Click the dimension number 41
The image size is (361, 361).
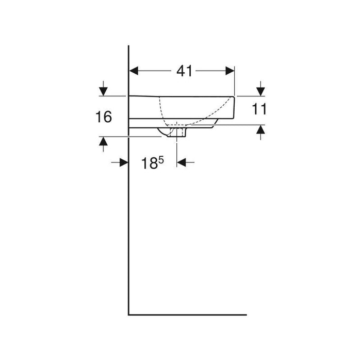(x=184, y=71)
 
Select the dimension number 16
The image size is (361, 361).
(x=104, y=117)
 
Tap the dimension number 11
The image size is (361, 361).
(x=259, y=109)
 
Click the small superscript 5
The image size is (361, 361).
(x=161, y=159)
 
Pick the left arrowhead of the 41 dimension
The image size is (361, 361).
(x=134, y=71)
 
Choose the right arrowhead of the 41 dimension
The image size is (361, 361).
(x=230, y=71)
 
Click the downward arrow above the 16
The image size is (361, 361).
(x=103, y=88)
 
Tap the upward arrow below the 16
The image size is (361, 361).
(x=103, y=144)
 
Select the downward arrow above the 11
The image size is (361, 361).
(x=260, y=88)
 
